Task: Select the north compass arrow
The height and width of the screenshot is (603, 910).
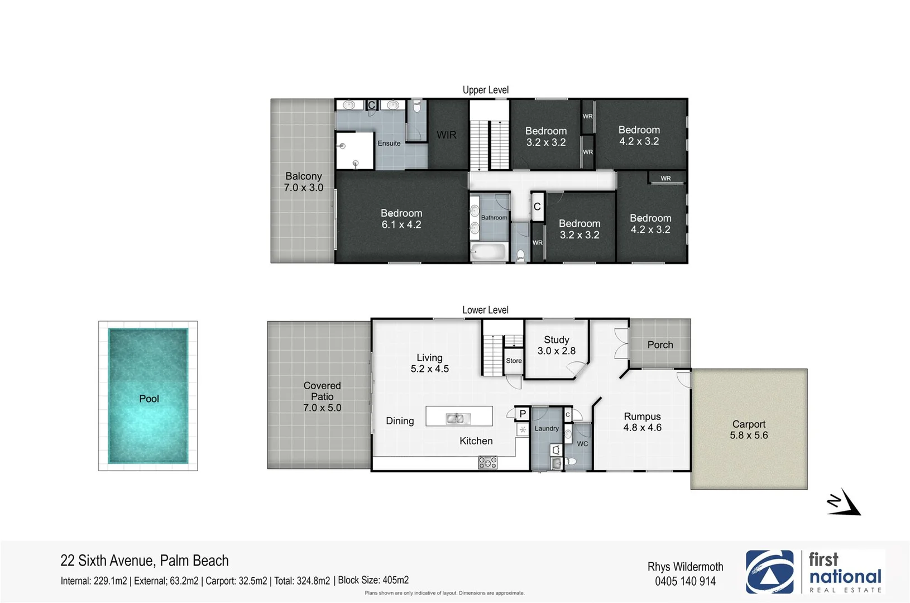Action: [844, 502]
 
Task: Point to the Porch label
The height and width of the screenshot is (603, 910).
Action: [660, 345]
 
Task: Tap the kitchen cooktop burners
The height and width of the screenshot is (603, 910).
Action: [487, 462]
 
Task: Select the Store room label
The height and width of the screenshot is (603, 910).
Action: [514, 361]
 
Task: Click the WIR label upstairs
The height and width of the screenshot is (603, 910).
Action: [446, 135]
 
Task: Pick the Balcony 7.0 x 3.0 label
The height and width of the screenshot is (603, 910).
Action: [303, 182]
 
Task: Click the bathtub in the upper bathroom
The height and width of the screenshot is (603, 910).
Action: [488, 252]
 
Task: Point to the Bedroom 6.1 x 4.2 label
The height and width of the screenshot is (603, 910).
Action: [401, 219]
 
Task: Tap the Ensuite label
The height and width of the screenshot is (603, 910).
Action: [389, 143]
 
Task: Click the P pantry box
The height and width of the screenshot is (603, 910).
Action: [522, 414]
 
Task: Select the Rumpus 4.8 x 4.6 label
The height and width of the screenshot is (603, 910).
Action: [642, 422]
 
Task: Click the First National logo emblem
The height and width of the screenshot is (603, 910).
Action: [769, 572]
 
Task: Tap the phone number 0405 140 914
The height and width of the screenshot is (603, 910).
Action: [685, 582]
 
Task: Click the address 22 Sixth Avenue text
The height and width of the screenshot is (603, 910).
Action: [145, 561]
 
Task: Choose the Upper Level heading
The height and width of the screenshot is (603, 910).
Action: [485, 90]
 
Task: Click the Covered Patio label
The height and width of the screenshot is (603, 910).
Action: [322, 396]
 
